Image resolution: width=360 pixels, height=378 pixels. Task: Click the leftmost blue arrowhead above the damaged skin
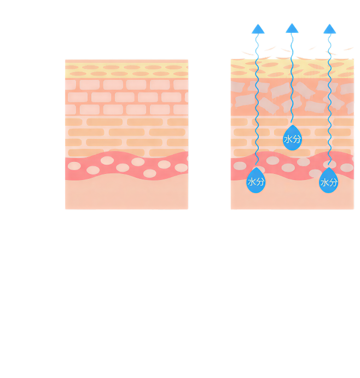pos(258,29)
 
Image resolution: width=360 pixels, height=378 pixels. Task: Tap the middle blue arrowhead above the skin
pos(292,28)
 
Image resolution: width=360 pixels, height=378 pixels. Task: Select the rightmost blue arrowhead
pos(329,29)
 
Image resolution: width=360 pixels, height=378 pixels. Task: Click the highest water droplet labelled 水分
pos(292,139)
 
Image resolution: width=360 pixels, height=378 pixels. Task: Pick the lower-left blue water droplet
pos(256,182)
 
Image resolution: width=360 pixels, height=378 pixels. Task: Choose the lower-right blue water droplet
pos(329,182)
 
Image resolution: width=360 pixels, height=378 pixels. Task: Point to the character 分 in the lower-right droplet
pos(333,182)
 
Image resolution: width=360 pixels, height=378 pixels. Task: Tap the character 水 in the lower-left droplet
pos(252,182)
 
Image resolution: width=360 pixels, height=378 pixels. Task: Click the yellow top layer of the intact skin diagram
pos(126,69)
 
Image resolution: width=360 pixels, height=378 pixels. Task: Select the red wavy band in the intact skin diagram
pos(126,166)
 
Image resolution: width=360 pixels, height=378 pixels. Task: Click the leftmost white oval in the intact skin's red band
pos(74,165)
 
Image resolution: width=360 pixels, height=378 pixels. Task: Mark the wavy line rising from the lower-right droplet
pos(329,109)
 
